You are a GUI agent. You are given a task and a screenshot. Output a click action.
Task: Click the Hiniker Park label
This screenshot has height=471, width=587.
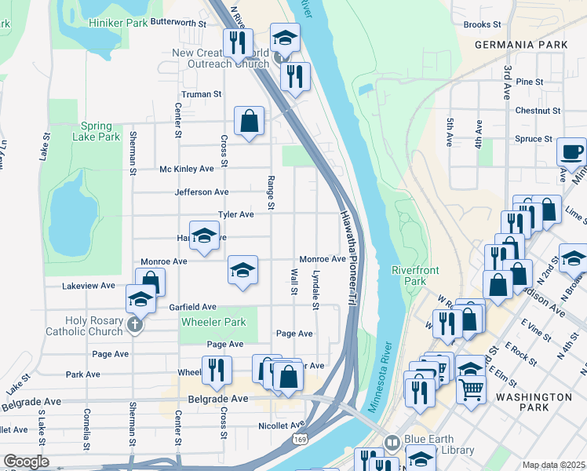118,23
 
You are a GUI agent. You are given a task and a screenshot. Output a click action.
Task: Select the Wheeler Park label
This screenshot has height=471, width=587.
213,322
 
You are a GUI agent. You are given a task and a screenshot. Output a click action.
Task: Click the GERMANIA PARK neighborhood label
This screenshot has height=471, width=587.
520,46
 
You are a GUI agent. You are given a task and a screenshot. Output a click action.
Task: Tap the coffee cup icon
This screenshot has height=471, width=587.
571,151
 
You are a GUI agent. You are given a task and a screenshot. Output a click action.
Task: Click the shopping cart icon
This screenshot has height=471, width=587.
471,388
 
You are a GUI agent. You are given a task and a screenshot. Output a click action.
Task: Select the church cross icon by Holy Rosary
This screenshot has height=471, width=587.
135,324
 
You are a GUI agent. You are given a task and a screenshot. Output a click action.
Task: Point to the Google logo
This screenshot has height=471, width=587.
26,462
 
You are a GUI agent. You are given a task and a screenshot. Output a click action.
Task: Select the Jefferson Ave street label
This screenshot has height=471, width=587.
202,192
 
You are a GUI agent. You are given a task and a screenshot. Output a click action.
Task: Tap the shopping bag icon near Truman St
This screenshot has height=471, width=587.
249,121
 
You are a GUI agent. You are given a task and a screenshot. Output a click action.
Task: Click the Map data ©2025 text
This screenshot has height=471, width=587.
553,465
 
